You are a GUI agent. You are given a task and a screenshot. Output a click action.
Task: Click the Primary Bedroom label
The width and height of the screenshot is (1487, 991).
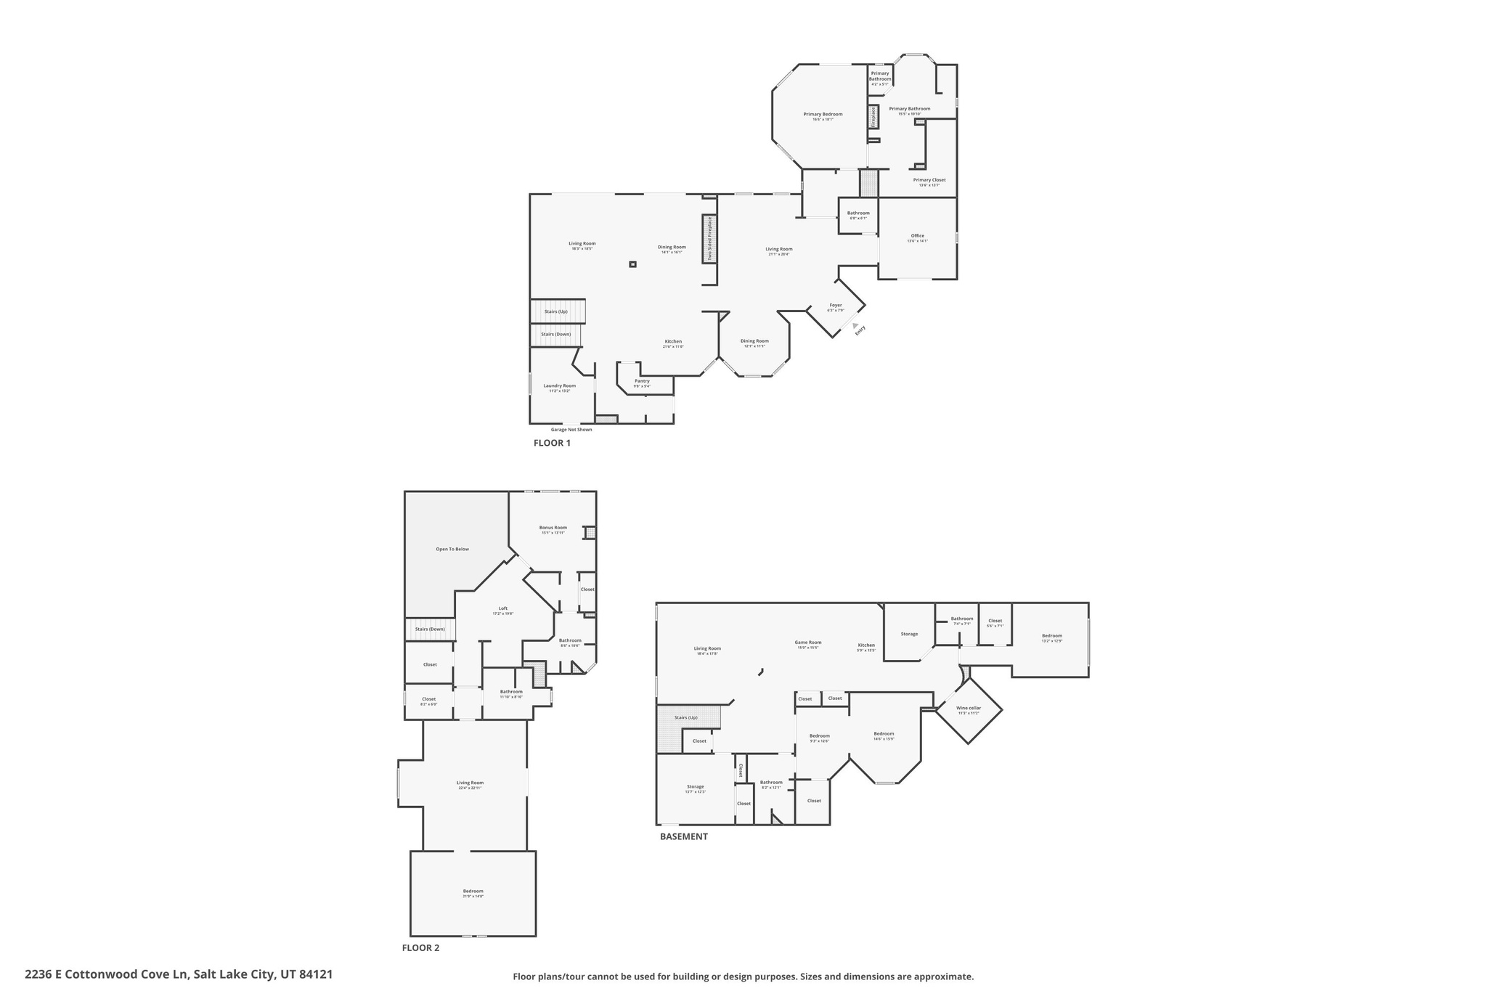click(x=823, y=114)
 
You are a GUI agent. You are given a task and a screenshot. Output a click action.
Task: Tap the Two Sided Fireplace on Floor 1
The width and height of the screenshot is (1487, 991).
click(x=709, y=239)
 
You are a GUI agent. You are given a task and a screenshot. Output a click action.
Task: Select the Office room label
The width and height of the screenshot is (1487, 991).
click(x=917, y=236)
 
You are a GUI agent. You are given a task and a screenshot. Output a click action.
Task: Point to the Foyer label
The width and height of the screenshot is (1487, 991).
click(x=836, y=306)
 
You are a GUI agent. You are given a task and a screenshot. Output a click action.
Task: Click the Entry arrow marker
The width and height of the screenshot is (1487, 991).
click(x=855, y=326)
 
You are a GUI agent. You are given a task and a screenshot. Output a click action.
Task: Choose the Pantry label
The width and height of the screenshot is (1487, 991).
click(x=642, y=381)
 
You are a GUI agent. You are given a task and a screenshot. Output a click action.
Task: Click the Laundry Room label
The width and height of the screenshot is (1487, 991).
click(x=559, y=386)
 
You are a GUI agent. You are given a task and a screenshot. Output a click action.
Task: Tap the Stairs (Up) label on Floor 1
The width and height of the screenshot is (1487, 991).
click(x=556, y=311)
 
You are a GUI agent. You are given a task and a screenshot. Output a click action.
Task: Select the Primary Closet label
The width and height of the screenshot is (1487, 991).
click(x=929, y=180)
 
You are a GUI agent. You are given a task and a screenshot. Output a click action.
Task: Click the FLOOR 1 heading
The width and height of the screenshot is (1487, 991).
click(x=552, y=443)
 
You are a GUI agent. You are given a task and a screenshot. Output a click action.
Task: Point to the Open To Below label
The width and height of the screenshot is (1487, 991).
click(x=452, y=549)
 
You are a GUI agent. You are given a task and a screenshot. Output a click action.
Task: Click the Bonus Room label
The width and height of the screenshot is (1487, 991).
click(x=553, y=528)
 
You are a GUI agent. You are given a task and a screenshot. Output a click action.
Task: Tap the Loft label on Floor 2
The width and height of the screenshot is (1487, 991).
click(x=502, y=608)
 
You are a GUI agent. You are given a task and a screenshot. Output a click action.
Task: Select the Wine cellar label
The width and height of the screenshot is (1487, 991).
click(x=969, y=708)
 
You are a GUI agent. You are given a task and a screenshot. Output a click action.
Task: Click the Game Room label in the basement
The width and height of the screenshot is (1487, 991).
click(x=807, y=643)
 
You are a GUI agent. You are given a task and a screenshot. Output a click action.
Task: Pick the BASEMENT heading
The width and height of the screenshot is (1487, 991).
click(x=683, y=836)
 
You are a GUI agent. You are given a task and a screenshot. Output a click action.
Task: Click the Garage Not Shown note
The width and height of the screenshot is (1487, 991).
click(x=571, y=430)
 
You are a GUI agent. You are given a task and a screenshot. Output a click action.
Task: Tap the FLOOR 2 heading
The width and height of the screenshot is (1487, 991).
click(x=420, y=947)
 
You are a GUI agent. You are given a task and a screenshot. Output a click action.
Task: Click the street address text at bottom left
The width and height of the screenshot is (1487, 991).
click(x=179, y=974)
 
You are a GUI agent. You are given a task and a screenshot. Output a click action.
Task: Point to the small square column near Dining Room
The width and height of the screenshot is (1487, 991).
click(x=632, y=264)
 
